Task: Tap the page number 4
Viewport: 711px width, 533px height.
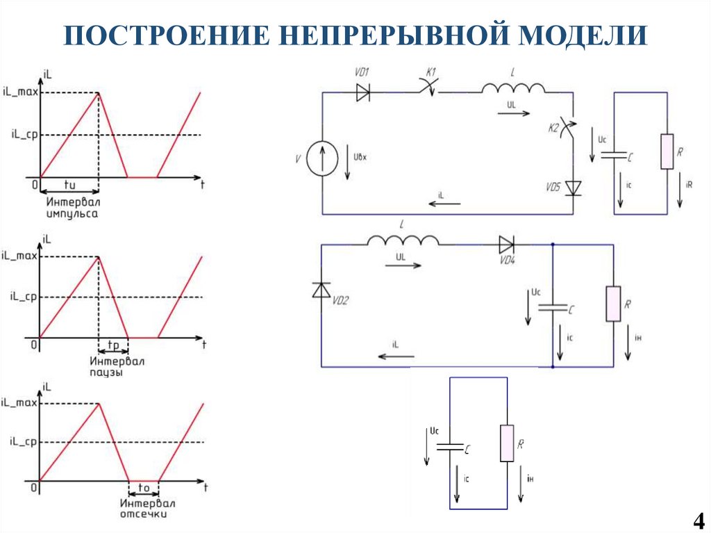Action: click(x=698, y=520)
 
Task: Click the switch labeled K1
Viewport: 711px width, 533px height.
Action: click(x=430, y=89)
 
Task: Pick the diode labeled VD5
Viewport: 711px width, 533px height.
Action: click(x=573, y=188)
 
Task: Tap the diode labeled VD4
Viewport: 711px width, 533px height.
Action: click(x=505, y=244)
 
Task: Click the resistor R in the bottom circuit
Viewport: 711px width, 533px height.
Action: click(x=507, y=443)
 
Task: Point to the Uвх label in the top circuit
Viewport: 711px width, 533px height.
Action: click(x=360, y=157)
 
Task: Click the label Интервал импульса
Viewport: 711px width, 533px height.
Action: click(x=73, y=208)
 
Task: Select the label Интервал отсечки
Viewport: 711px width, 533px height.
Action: click(x=147, y=509)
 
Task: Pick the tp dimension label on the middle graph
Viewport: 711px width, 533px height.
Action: click(x=113, y=345)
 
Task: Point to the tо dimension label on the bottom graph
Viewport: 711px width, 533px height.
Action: click(x=144, y=489)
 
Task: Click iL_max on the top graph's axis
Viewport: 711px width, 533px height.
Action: click(x=20, y=92)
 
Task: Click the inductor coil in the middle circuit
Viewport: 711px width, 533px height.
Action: click(x=403, y=240)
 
